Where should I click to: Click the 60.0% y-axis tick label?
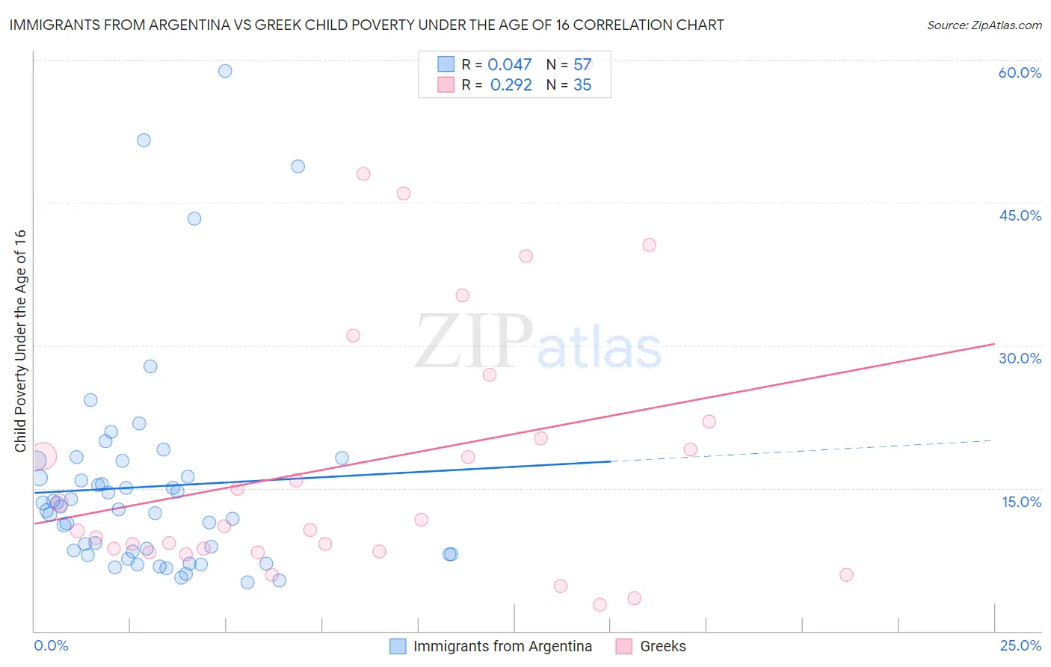1020,73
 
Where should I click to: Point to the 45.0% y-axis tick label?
1020,215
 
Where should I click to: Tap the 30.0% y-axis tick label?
1020,358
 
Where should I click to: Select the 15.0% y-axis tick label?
1021,502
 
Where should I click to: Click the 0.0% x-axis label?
51,645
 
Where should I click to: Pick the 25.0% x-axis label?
1020,645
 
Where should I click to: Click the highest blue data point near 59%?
225,71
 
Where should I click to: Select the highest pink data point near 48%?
363,174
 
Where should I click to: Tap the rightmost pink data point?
846,575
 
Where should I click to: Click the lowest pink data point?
600,605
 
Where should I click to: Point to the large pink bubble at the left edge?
43,455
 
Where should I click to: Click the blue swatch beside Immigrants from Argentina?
398,646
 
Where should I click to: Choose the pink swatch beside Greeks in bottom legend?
624,646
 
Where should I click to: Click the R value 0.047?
509,65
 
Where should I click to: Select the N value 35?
582,85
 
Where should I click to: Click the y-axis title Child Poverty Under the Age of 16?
21,340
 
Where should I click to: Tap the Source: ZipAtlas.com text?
984,25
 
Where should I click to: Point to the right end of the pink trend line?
994,344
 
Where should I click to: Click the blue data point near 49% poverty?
298,167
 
